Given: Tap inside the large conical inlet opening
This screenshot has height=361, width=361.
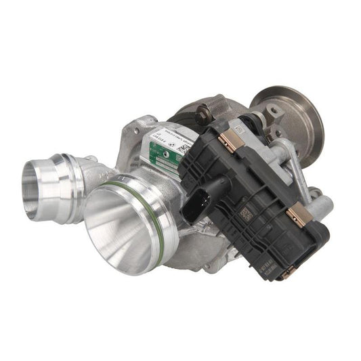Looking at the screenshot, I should pyautogui.click(x=125, y=224).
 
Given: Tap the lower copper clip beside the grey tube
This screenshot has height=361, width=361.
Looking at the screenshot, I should pyautogui.click(x=296, y=216).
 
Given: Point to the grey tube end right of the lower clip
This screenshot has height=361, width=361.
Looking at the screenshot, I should pyautogui.click(x=324, y=203).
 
